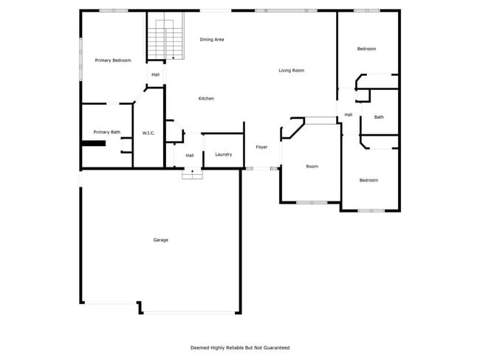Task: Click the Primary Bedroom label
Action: [113, 60]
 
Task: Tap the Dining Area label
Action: [212, 39]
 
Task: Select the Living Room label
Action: [291, 71]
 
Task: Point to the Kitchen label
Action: [206, 99]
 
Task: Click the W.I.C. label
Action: [148, 133]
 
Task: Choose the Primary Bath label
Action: [106, 132]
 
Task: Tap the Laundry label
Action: [224, 155]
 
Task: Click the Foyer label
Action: [261, 148]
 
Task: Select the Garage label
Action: [160, 240]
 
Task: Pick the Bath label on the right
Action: [379, 117]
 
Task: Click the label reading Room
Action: [312, 167]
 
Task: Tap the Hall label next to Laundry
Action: [190, 156]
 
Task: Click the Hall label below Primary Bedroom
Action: [156, 75]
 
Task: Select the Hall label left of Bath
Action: [348, 114]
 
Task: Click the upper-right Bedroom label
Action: [366, 49]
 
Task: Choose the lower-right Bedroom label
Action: [368, 181]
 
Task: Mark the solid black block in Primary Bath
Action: [94, 144]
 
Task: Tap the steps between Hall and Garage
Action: [192, 174]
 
